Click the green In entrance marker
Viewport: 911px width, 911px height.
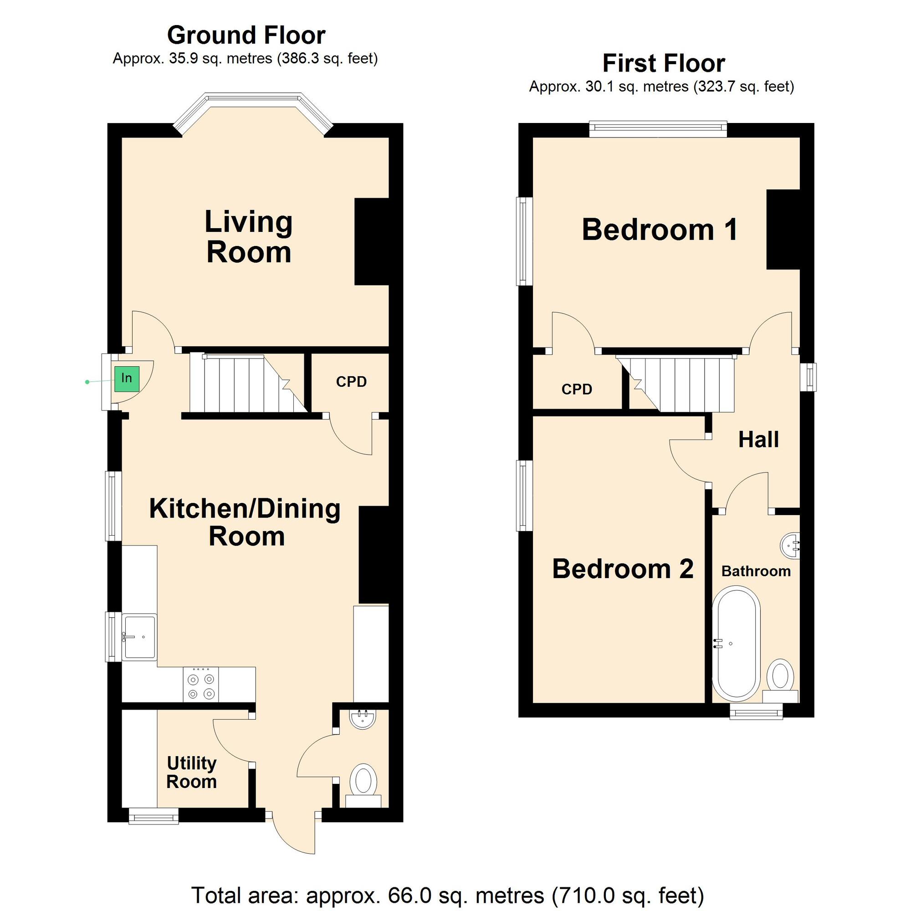(x=127, y=379)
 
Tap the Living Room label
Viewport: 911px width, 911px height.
(x=249, y=237)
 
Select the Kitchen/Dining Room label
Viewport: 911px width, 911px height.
(x=245, y=522)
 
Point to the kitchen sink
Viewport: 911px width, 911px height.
(x=139, y=637)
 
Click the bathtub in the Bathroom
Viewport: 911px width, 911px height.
(x=736, y=644)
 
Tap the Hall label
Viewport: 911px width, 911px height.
(x=758, y=440)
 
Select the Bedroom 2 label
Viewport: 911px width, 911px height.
(x=622, y=568)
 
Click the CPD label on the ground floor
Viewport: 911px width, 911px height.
(x=351, y=381)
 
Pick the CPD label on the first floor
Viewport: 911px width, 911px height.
(x=577, y=389)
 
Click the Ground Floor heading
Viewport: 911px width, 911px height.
(x=246, y=35)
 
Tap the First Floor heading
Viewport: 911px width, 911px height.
(x=664, y=63)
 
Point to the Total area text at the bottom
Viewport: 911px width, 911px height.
(x=447, y=895)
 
